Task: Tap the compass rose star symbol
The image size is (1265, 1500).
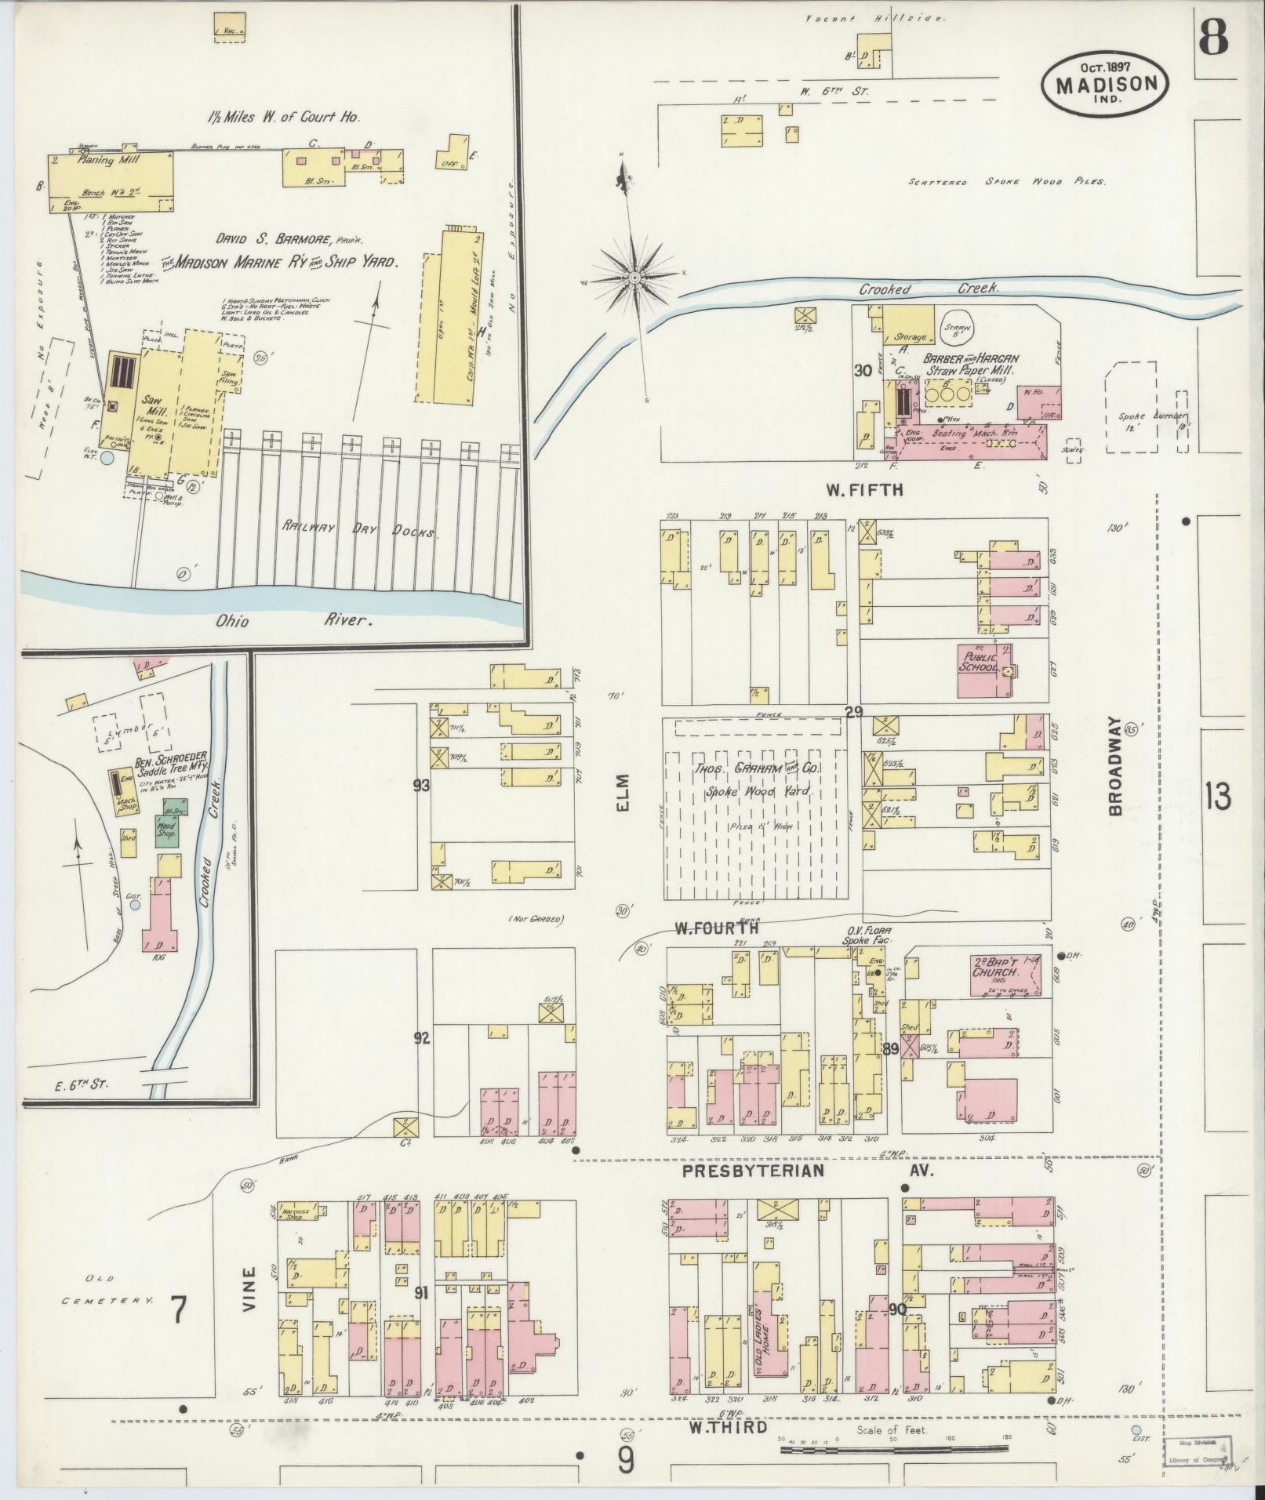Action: pos(633,278)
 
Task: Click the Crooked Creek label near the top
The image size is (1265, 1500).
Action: pos(929,289)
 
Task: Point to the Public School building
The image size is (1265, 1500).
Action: pos(981,669)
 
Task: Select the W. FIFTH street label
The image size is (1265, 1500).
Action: pos(863,490)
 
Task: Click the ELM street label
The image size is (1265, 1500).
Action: pos(623,794)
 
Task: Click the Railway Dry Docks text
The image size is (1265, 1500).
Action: pos(361,531)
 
